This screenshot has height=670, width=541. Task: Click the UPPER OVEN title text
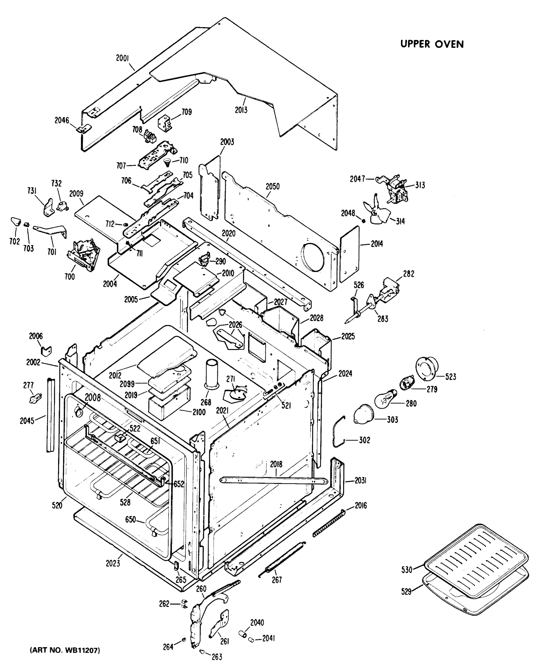point(432,44)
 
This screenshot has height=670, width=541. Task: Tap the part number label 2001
point(122,58)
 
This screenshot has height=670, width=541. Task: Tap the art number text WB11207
point(65,650)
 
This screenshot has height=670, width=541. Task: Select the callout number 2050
point(272,186)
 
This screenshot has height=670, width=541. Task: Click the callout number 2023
point(113,563)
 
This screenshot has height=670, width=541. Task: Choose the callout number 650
point(130,519)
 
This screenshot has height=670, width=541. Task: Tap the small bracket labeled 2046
point(84,128)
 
